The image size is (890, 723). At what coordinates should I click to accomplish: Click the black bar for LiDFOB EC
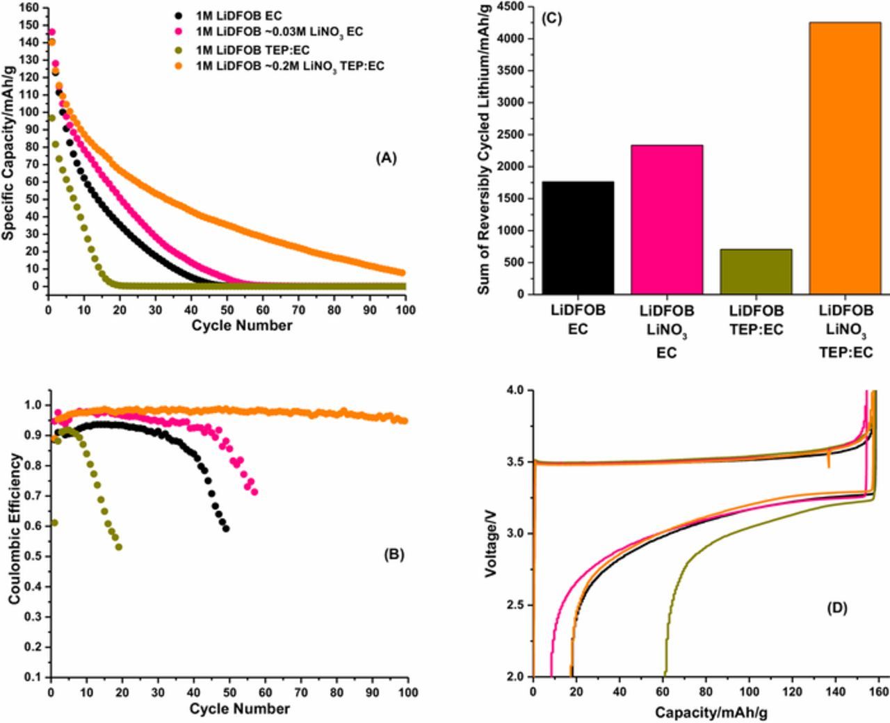(578, 238)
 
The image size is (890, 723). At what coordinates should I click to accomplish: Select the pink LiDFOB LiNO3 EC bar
(667, 220)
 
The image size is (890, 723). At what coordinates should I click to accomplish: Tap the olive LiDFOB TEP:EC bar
(756, 272)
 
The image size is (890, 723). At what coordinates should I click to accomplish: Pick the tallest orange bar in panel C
(845, 159)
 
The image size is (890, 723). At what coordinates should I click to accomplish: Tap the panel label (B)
(393, 554)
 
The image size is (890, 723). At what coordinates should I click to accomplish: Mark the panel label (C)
(551, 19)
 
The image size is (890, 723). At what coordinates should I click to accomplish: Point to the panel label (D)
(836, 608)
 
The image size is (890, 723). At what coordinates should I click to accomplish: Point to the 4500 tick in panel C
(512, 7)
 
